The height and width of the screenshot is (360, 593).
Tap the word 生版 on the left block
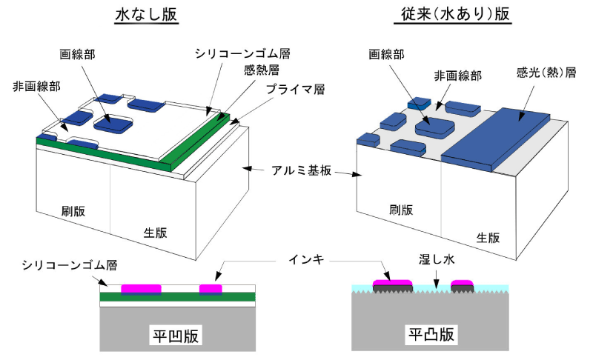point(155,233)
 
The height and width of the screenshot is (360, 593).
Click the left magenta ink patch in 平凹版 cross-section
point(142,287)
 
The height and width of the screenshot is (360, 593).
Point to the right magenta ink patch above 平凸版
point(463,283)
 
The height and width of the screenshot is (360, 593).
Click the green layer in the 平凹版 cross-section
point(178,298)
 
